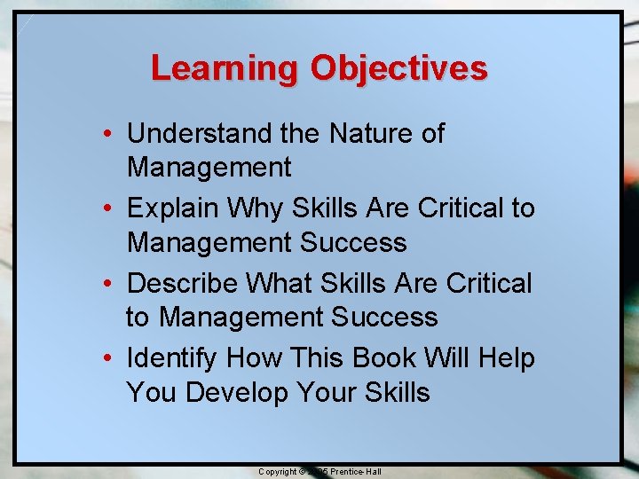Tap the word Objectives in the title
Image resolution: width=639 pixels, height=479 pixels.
point(398,68)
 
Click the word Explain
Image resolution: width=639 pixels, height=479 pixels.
point(173,208)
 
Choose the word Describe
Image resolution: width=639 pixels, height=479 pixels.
point(183,283)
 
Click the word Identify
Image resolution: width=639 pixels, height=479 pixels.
point(173,357)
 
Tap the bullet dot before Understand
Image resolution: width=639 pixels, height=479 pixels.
point(106,134)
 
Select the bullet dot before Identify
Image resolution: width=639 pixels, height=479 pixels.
point(106,358)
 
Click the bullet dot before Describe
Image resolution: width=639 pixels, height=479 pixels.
point(106,284)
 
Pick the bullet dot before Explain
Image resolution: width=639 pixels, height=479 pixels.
point(106,208)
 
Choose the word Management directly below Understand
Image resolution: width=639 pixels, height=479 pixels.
point(209,167)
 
